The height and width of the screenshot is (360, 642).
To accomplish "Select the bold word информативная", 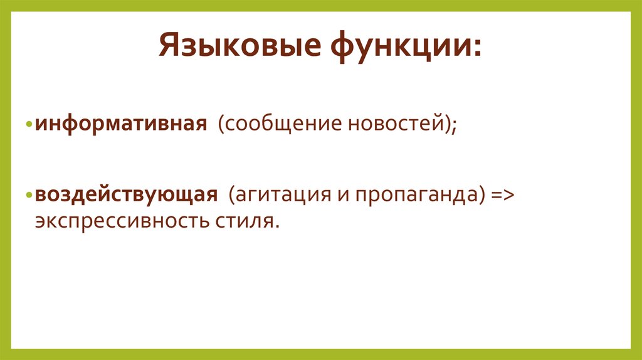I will pyautogui.click(x=121, y=123).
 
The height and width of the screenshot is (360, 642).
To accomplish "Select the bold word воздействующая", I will pyautogui.click(x=126, y=194).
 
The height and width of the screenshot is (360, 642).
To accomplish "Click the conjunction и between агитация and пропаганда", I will pyautogui.click(x=343, y=195).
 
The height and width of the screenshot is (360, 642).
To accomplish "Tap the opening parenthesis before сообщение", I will pyautogui.click(x=221, y=124).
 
